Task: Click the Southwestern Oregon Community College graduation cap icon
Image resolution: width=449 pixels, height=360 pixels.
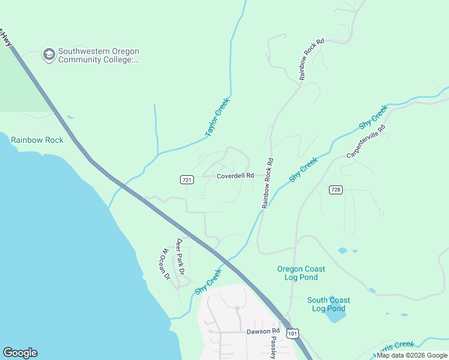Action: [x=48, y=55]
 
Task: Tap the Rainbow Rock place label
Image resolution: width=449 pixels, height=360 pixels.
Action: [x=37, y=140]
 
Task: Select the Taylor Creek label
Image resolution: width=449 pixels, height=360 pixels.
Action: [x=217, y=117]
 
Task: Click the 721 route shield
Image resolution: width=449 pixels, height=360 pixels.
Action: [x=186, y=179]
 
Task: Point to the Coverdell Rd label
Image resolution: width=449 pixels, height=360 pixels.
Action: [x=235, y=176]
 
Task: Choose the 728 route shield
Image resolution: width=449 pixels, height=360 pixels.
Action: [x=336, y=190]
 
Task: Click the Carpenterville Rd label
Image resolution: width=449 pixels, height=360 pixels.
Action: [x=366, y=142]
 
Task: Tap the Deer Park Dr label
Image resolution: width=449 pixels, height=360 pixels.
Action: [x=180, y=257]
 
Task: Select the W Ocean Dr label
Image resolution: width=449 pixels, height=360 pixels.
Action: [x=165, y=264]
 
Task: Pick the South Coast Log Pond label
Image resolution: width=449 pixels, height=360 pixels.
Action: [x=328, y=304]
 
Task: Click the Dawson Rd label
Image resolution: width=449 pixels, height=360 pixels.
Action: [x=263, y=331]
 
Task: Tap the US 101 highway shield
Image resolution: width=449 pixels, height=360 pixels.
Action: [x=292, y=332]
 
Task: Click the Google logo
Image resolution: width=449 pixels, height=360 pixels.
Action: [x=20, y=353]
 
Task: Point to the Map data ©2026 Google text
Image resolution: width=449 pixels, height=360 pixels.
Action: [x=412, y=355]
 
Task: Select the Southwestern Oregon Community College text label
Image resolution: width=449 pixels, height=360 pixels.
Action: [x=99, y=55]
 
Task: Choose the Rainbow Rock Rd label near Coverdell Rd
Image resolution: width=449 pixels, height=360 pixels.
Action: [x=267, y=183]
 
